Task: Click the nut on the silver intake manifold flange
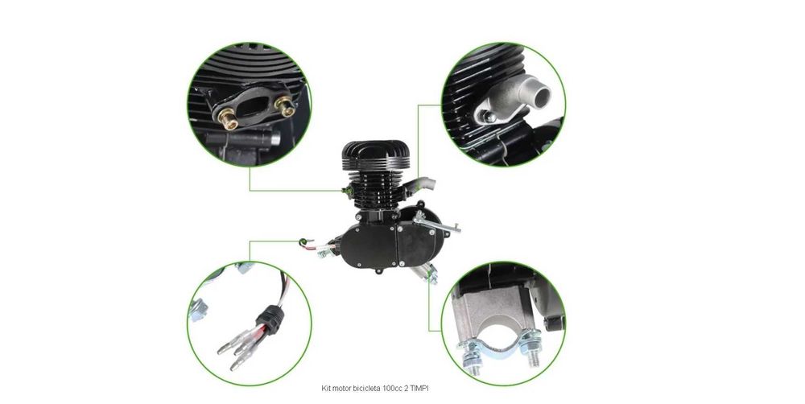click(x=489, y=117)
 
